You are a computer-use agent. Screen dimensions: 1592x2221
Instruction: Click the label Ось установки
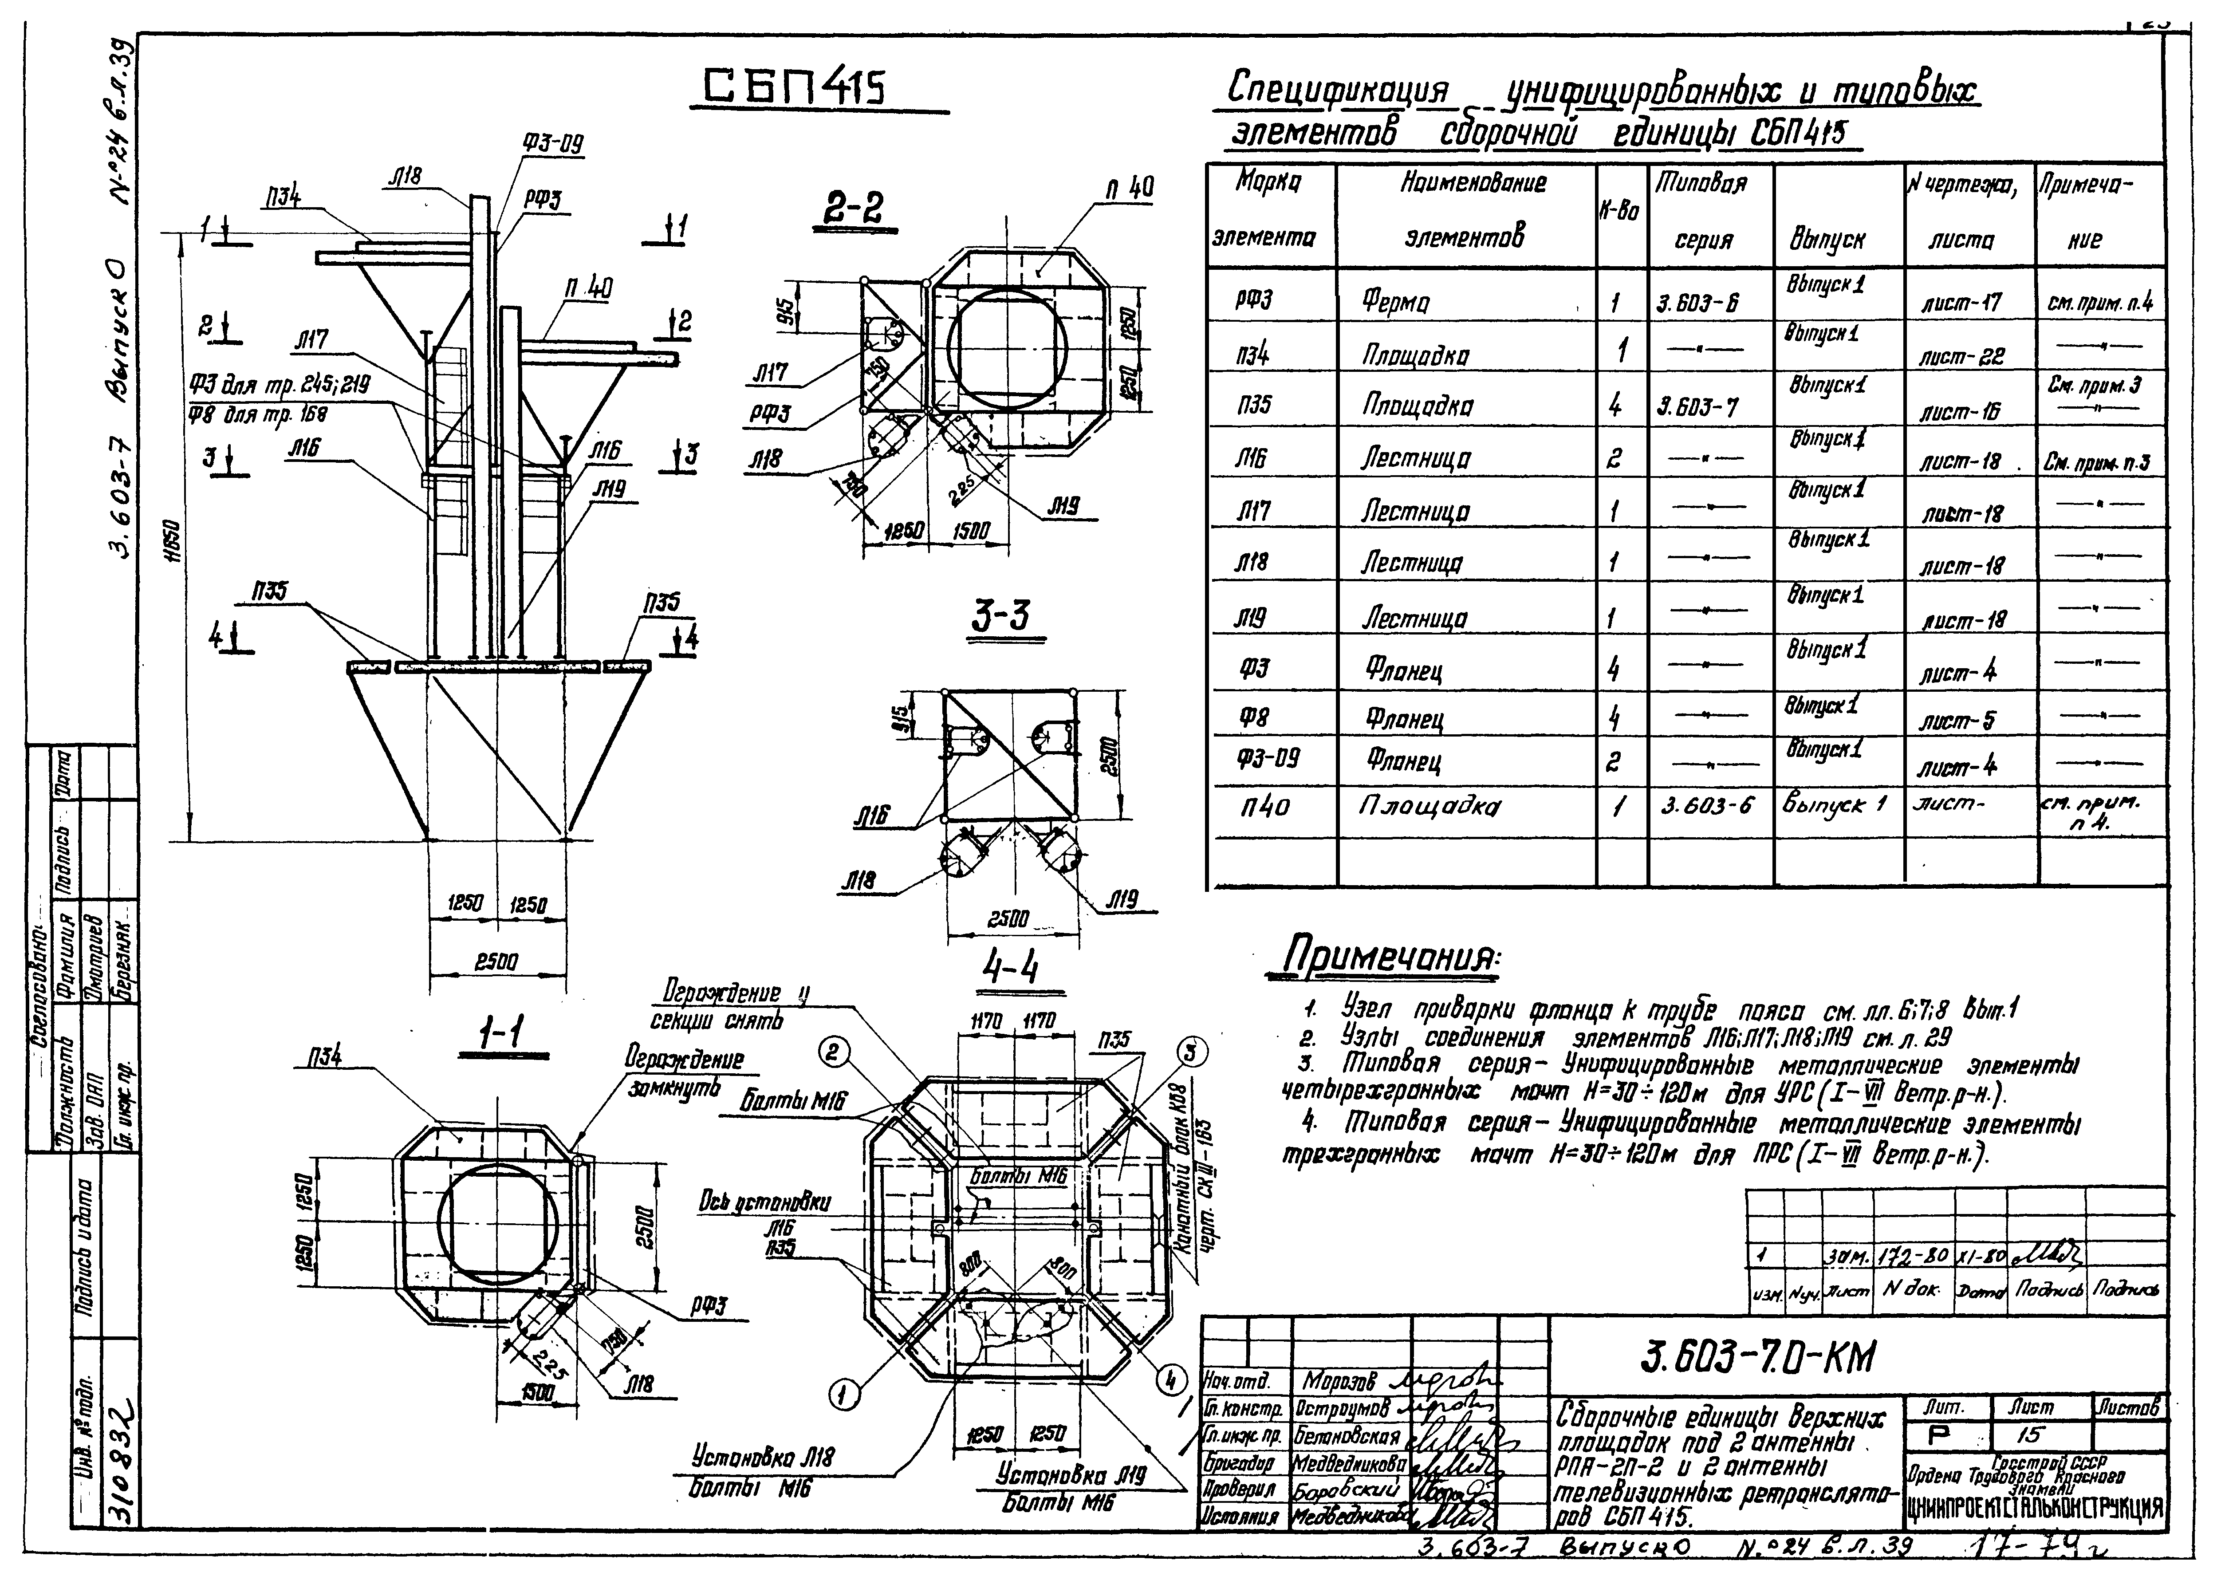pyautogui.click(x=764, y=1202)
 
